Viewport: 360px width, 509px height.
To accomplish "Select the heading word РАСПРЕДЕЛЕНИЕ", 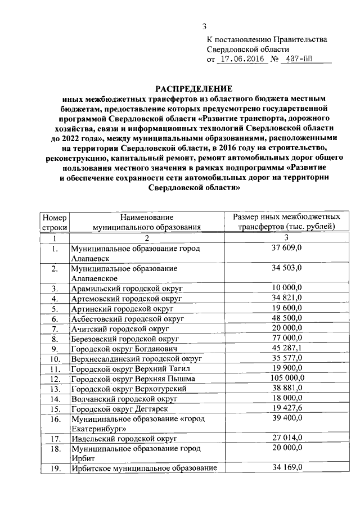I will point(193,88).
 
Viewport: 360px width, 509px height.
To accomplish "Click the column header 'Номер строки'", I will point(55,222).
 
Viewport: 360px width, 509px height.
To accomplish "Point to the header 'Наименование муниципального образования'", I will point(146,222).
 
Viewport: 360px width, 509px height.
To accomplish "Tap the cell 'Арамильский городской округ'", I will point(127,289).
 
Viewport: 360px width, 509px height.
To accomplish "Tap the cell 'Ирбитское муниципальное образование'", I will point(143,468).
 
